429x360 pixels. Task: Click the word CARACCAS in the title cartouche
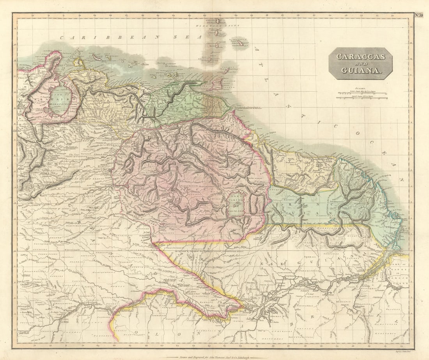pyautogui.click(x=360, y=56)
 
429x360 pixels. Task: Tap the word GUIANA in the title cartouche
pyautogui.click(x=360, y=71)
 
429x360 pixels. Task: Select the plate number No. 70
pyautogui.click(x=418, y=15)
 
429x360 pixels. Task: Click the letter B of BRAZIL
pyautogui.click(x=291, y=323)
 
